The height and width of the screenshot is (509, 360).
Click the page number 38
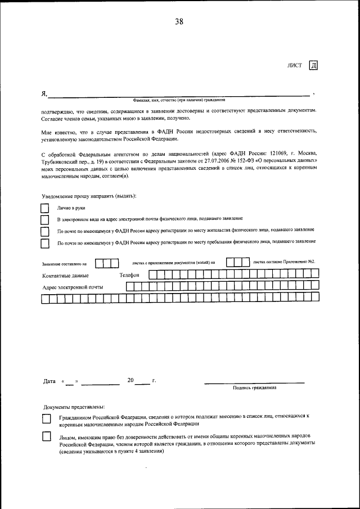tap(179, 22)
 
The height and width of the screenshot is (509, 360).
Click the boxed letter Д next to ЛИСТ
tap(313, 65)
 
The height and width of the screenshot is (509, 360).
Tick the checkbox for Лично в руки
tap(45, 208)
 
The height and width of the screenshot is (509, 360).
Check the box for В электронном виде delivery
tap(45, 219)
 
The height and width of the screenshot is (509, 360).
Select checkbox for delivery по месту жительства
tap(45, 231)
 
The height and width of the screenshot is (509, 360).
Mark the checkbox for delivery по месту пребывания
tap(45, 243)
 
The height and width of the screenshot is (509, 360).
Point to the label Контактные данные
tap(65, 276)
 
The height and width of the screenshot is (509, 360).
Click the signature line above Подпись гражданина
tap(254, 382)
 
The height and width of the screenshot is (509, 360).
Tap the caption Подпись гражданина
tap(254, 388)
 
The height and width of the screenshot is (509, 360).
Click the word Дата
tap(49, 381)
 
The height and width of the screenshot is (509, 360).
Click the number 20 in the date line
tap(130, 380)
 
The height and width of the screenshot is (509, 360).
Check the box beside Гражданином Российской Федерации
tap(47, 419)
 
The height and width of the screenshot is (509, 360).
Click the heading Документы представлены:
tap(74, 407)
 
